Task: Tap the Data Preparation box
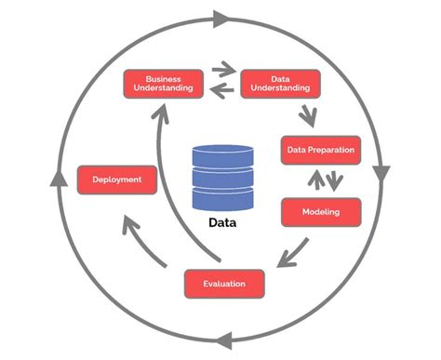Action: point(319,150)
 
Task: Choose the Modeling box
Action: point(319,212)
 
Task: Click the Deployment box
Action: point(116,180)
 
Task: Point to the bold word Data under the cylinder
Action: point(221,223)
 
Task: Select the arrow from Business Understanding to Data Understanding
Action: point(222,69)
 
